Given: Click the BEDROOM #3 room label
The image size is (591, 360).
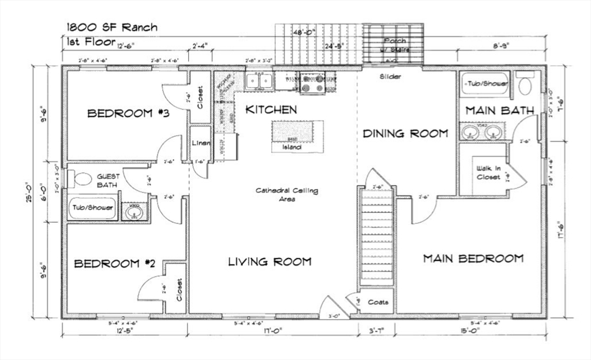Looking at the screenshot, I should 128,113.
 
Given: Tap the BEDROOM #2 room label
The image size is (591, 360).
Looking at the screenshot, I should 115,264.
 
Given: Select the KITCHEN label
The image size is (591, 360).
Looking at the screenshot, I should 271,109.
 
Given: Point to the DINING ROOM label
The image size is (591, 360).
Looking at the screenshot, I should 405,133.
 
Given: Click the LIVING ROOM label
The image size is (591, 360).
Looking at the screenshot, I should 270,261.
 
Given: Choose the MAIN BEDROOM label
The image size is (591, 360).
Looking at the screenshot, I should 473,258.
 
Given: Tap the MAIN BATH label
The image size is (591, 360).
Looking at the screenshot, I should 499,110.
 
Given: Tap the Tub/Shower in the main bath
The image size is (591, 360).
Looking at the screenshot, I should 486,84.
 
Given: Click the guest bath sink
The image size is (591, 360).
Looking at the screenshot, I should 134,213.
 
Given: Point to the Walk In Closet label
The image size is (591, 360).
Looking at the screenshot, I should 488,172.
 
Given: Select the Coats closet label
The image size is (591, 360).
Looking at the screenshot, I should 378,302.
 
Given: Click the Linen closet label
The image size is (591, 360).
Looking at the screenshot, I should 200,143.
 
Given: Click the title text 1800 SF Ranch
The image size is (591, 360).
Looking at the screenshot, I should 111,27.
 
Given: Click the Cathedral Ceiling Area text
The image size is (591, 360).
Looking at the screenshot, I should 287,194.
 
